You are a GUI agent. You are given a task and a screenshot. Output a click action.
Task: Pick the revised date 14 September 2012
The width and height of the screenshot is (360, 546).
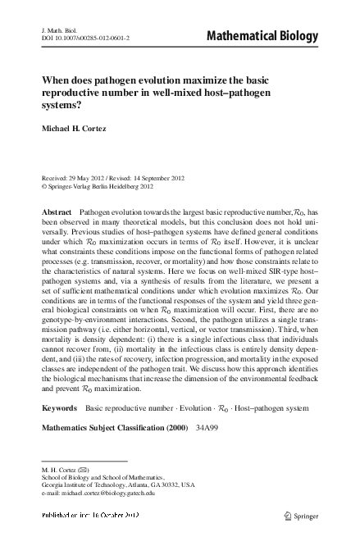click(x=180, y=178)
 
